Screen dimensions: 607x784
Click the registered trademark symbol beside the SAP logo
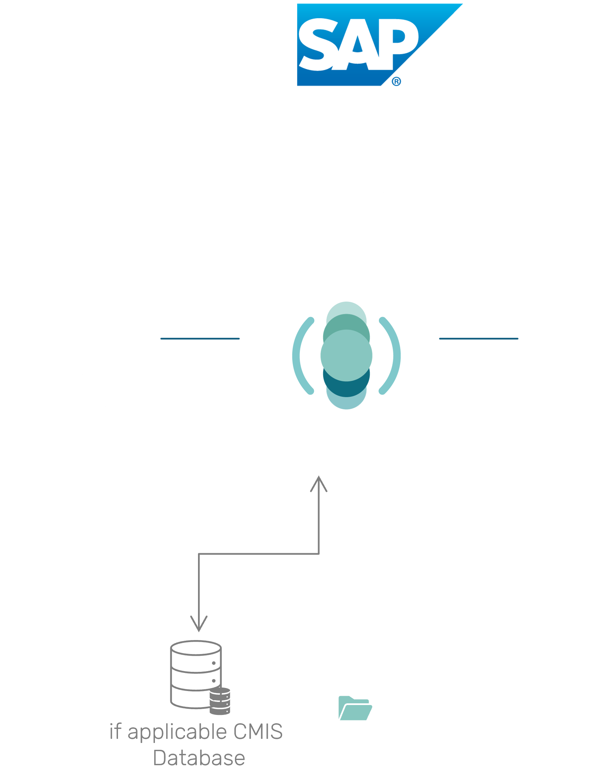[x=396, y=82]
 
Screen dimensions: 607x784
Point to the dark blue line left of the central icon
[x=200, y=338]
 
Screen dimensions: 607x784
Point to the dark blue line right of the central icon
[x=478, y=338]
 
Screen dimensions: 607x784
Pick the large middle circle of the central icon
[x=346, y=355]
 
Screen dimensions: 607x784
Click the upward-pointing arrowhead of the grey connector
[x=319, y=483]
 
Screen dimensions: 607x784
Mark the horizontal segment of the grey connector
[x=259, y=554]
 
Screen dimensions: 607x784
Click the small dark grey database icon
[x=220, y=701]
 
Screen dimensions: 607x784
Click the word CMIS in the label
[x=258, y=732]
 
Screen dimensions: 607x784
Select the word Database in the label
[x=199, y=758]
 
